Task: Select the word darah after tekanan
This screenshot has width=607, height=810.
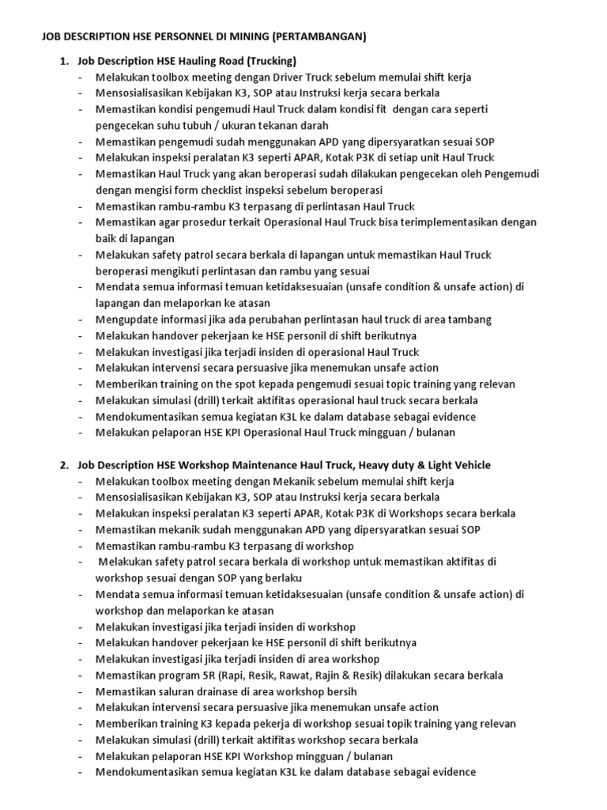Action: (x=312, y=126)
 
